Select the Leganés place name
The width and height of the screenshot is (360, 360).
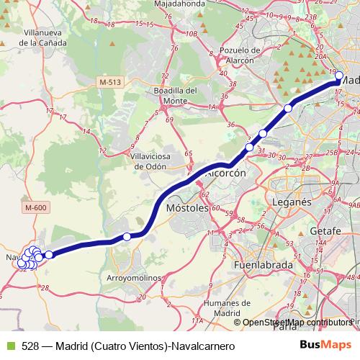pyautogui.click(x=292, y=202)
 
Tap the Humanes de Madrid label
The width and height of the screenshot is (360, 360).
pyautogui.click(x=221, y=308)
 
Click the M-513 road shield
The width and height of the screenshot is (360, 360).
pyautogui.click(x=110, y=82)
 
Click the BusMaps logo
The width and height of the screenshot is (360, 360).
pyautogui.click(x=325, y=345)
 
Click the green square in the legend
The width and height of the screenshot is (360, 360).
pyautogui.click(x=9, y=346)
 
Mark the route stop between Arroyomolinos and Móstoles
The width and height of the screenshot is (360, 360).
pyautogui.click(x=127, y=237)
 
